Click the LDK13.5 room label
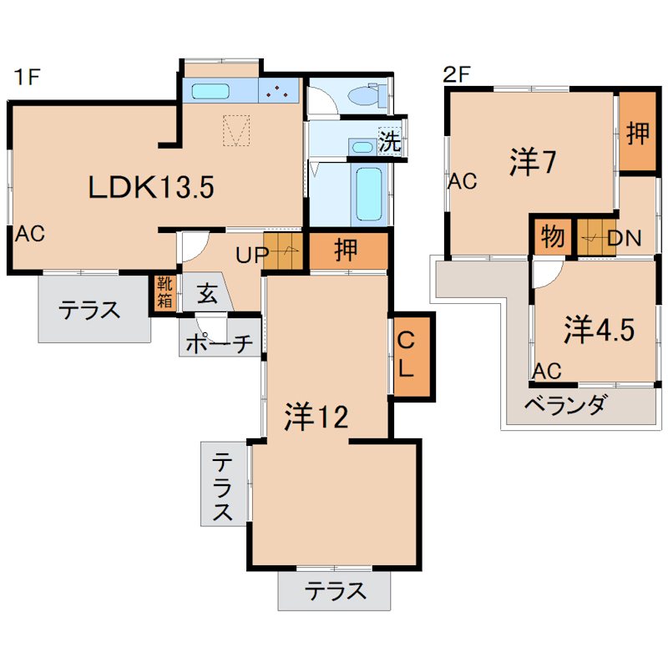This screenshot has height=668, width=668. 152,187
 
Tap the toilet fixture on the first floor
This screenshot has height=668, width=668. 366,97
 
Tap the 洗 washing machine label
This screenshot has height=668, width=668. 389,141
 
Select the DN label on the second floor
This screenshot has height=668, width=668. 623,238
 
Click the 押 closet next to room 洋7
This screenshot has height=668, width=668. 638,132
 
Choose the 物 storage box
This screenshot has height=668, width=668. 552,237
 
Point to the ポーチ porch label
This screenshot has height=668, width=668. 217,343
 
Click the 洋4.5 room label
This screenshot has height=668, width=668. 598,330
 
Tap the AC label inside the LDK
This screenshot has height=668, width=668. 28,235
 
